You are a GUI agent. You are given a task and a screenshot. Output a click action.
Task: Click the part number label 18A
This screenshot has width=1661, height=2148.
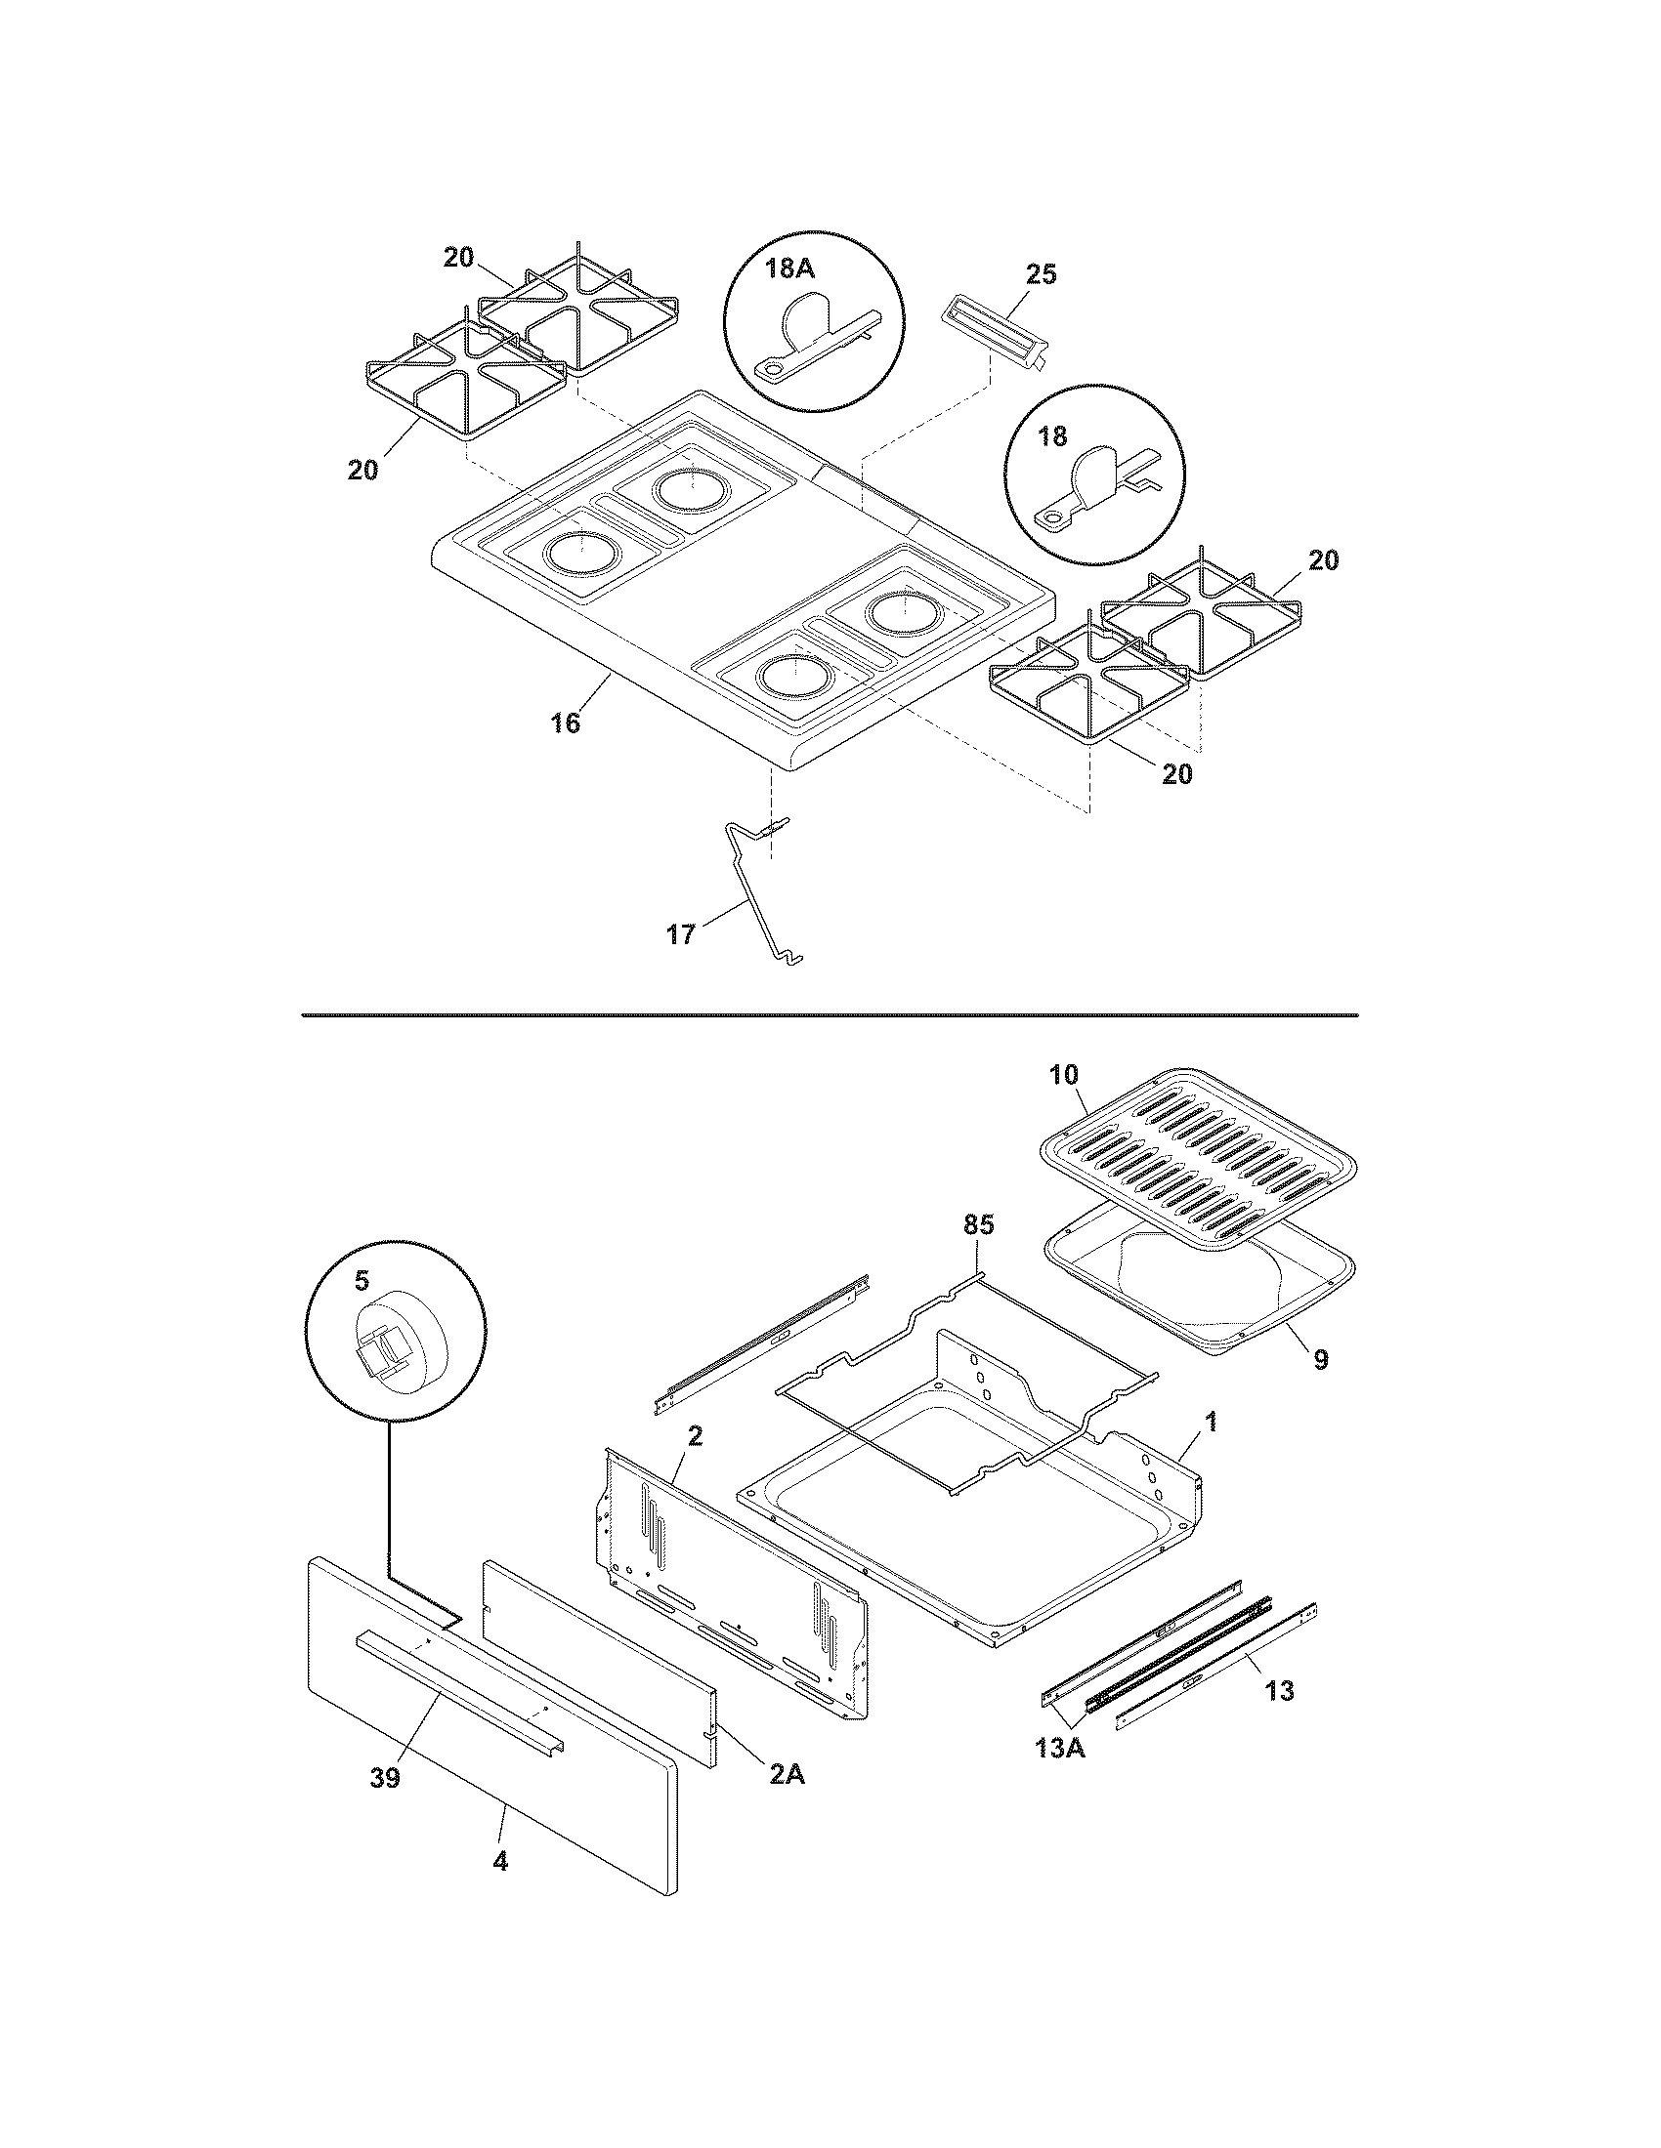click(x=785, y=268)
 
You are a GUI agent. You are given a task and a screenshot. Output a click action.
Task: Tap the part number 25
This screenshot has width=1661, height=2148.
click(x=1041, y=274)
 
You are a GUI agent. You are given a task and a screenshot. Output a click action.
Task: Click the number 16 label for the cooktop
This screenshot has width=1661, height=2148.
click(x=565, y=723)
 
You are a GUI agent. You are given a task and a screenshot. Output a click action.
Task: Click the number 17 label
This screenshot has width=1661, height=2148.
click(x=680, y=934)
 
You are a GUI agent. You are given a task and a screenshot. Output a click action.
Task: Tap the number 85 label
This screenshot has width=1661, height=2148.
click(x=978, y=1224)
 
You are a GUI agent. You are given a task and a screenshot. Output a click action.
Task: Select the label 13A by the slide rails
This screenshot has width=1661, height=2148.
click(x=1059, y=1776)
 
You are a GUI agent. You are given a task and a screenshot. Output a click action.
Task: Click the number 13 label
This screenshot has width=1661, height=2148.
click(x=1279, y=1691)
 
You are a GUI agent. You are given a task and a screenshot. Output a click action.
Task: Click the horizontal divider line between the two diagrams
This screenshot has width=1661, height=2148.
click(x=829, y=1013)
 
